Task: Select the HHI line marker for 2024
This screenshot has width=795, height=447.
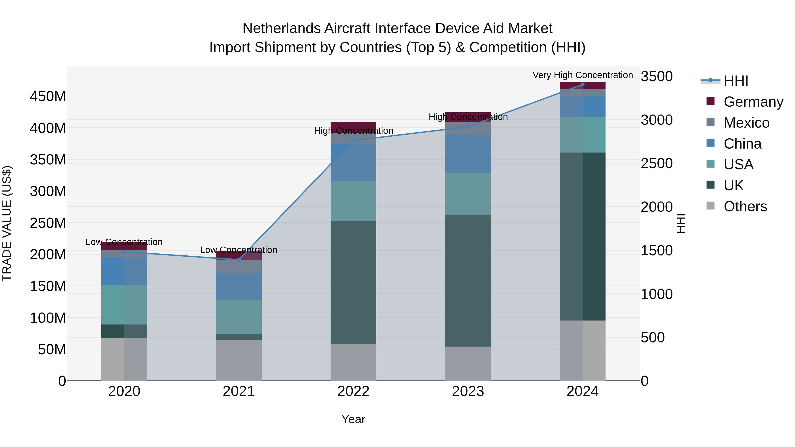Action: tap(582, 85)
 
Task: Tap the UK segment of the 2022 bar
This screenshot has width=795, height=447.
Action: tap(353, 282)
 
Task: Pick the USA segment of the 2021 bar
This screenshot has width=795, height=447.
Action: tap(238, 317)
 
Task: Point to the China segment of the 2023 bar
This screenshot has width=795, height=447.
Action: tap(468, 154)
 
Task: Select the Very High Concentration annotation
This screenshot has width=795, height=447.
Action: tap(582, 75)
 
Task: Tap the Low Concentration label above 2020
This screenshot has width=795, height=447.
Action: tap(124, 242)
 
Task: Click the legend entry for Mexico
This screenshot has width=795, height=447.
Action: tap(746, 123)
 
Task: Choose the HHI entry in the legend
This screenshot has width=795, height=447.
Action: tap(736, 81)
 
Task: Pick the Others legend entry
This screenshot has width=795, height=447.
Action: tap(745, 206)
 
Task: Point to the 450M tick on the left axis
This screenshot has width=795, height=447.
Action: tap(48, 96)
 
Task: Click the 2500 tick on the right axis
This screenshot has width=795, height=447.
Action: tap(657, 164)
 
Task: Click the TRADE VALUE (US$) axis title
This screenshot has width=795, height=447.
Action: tap(7, 223)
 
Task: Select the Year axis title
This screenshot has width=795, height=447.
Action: tap(353, 419)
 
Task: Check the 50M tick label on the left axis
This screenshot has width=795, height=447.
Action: tap(52, 349)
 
